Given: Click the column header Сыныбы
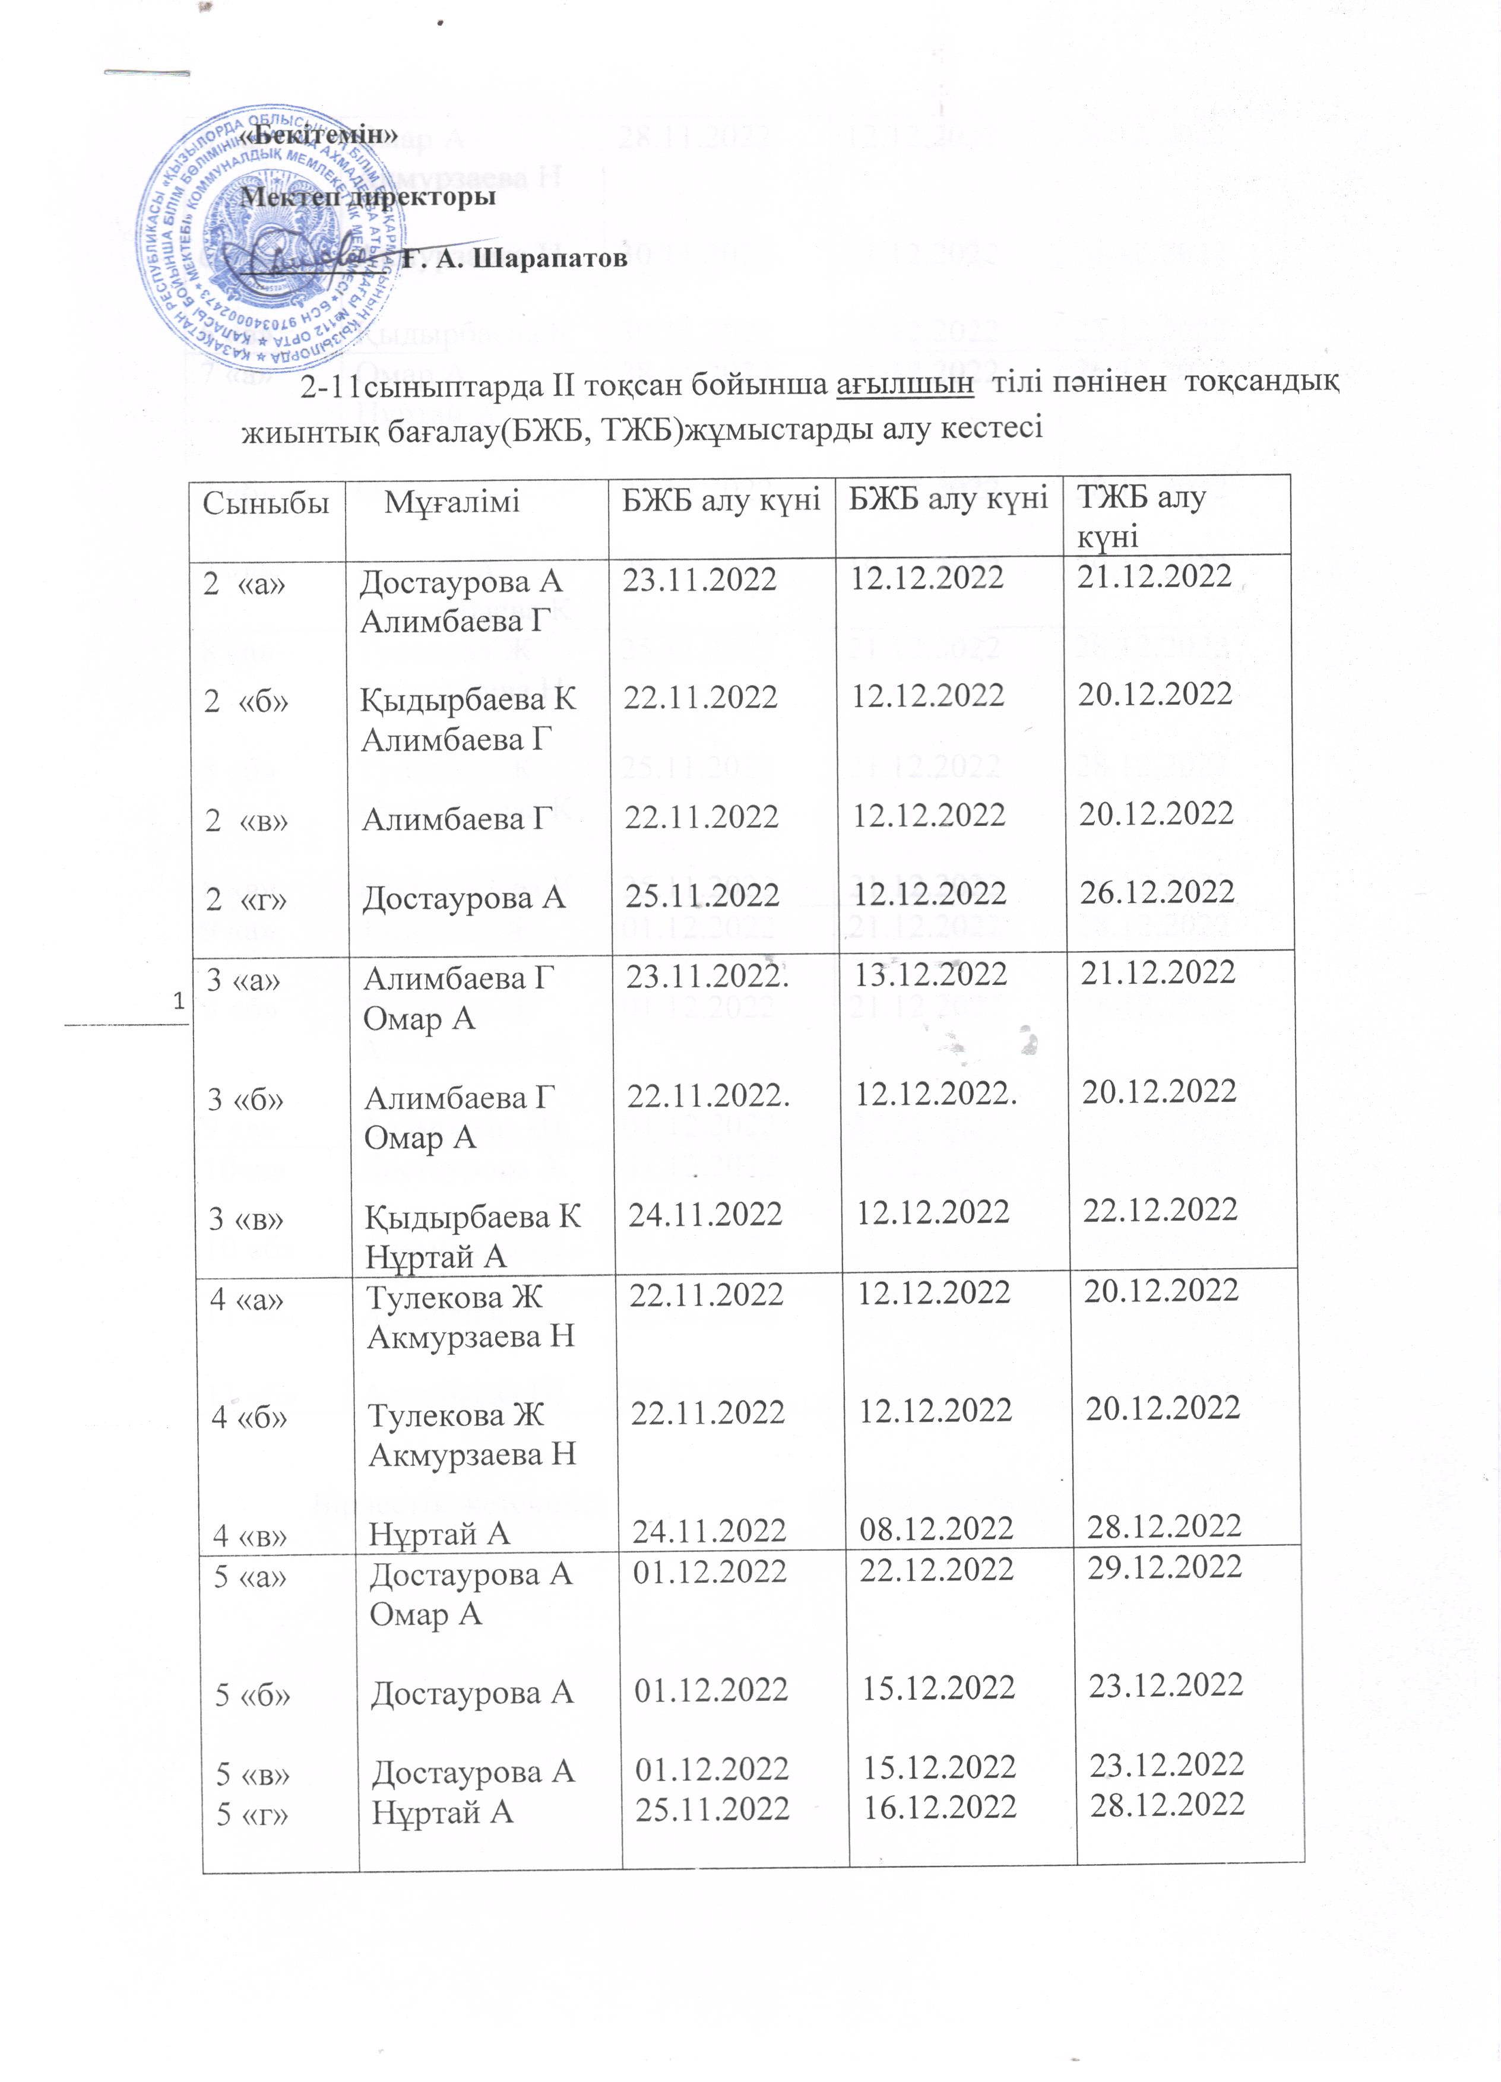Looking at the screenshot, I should coord(266,502).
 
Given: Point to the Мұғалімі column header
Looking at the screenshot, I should coord(452,502).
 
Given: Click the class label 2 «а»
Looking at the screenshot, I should coord(243,582).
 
